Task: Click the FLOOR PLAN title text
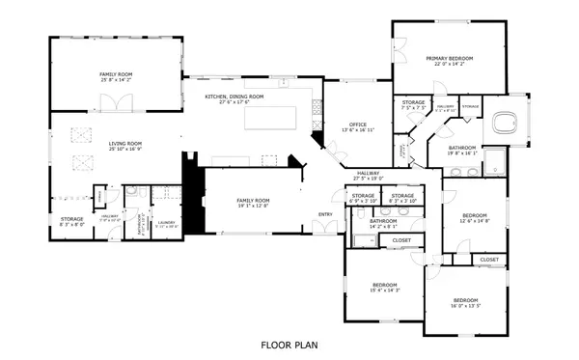click(x=289, y=343)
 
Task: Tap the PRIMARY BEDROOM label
click(x=451, y=61)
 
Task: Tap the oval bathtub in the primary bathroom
click(x=504, y=123)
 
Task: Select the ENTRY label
click(x=325, y=214)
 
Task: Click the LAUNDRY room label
click(x=166, y=223)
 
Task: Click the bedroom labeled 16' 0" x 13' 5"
click(x=465, y=305)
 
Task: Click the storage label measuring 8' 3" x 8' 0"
click(x=72, y=223)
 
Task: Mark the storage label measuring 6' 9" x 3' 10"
click(x=363, y=199)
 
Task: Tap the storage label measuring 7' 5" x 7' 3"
click(x=414, y=105)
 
